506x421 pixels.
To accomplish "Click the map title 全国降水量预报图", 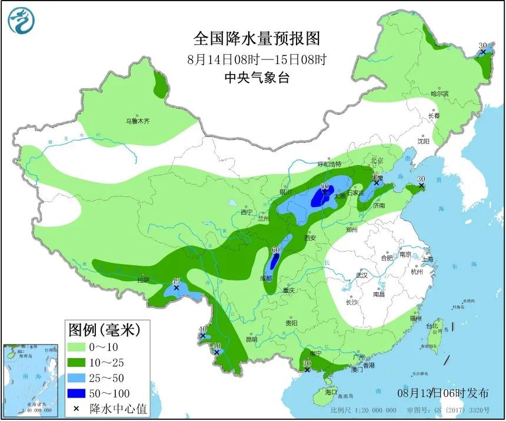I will click(x=257, y=39).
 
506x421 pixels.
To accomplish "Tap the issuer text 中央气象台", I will click(x=257, y=78).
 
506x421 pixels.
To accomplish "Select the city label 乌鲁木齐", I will click(x=137, y=121).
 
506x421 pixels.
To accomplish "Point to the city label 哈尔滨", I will click(x=439, y=93).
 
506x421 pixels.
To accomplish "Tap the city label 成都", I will click(x=265, y=278).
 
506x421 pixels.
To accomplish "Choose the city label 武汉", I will click(x=361, y=275).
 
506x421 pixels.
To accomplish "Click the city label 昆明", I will click(x=251, y=339).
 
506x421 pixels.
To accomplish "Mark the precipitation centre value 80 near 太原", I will click(x=324, y=186).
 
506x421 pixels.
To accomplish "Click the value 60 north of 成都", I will click(x=275, y=250).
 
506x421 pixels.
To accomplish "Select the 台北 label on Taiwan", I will click(x=432, y=326).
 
